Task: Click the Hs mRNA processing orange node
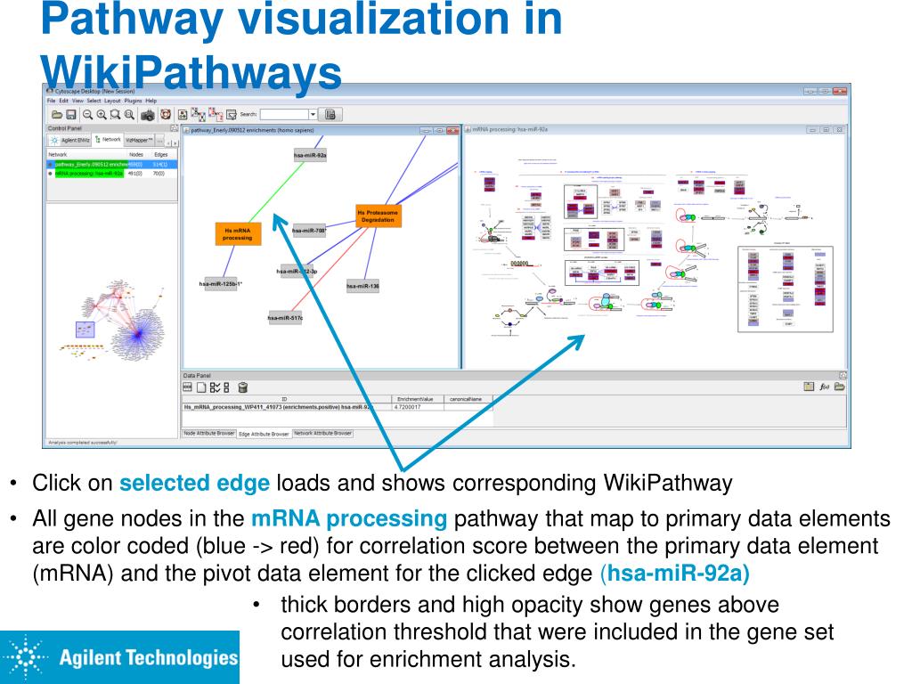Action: (237, 234)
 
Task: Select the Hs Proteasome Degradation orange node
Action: (378, 216)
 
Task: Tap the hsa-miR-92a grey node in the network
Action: (310, 156)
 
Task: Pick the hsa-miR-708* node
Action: (308, 231)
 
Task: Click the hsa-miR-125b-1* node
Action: (221, 284)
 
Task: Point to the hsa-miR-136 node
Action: (362, 286)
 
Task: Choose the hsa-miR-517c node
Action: (285, 318)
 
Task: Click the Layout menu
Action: (113, 101)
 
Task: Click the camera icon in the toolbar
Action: (148, 115)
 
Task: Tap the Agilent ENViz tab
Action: (70, 141)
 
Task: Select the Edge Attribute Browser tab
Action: (264, 434)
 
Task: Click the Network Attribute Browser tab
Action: (322, 433)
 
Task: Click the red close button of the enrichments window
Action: (452, 131)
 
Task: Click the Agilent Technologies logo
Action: (120, 657)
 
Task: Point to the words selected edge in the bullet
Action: (194, 484)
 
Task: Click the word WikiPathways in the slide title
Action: (191, 73)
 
